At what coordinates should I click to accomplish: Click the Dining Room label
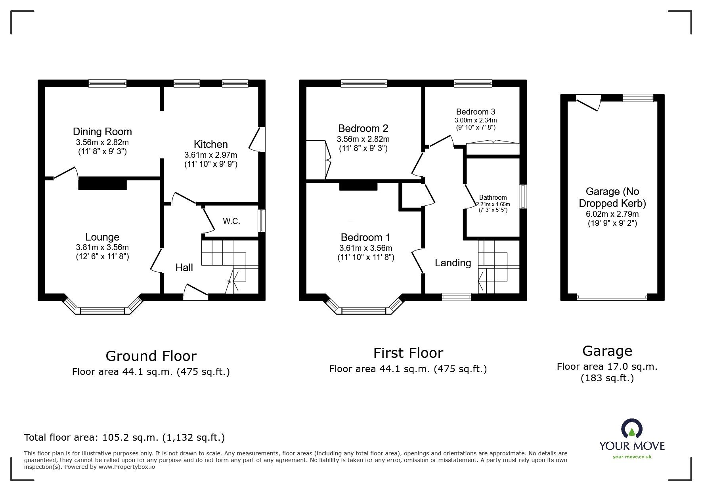tap(102, 132)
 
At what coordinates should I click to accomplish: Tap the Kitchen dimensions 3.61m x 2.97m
tap(210, 155)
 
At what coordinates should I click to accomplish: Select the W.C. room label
tap(231, 221)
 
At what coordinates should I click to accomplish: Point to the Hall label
tap(184, 267)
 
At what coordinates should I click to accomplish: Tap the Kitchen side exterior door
tap(257, 139)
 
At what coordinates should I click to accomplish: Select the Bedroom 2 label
tap(363, 128)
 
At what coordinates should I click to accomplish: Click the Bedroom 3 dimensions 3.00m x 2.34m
tap(475, 120)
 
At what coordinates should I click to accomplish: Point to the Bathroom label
tap(493, 197)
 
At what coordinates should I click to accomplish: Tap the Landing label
tap(453, 263)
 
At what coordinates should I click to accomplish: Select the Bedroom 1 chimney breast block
tap(358, 186)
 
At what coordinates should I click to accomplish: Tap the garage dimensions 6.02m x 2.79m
tap(612, 214)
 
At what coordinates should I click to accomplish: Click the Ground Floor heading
tap(151, 356)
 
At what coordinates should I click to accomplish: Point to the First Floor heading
tap(408, 353)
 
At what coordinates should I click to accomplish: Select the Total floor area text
tap(124, 438)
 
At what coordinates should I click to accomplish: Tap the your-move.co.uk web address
tap(632, 457)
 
